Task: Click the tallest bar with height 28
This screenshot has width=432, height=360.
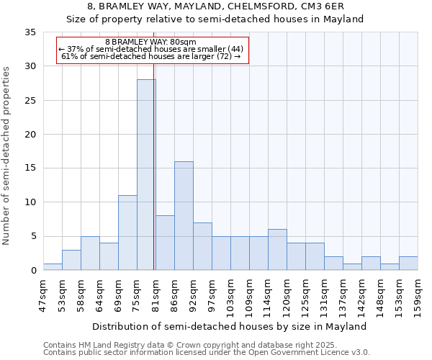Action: tap(146, 175)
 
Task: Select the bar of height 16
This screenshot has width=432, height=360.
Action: tap(184, 216)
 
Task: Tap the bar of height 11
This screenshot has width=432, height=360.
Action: tap(127, 233)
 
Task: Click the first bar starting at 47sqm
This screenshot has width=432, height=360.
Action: tap(53, 267)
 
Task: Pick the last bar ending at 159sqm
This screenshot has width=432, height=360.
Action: tap(408, 264)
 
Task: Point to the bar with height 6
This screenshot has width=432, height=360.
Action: tap(277, 250)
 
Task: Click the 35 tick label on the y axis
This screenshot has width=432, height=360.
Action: tap(30, 32)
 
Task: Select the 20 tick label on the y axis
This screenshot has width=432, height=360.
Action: tap(30, 135)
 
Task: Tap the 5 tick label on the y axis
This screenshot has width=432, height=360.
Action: tap(33, 237)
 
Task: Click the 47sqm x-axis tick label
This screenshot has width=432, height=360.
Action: tap(43, 291)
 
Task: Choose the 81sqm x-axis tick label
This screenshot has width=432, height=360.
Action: tap(156, 291)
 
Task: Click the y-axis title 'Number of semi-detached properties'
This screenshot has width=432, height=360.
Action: tap(7, 156)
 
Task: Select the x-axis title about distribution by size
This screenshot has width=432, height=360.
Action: tap(230, 326)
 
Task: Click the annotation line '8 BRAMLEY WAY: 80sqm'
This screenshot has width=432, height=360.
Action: tap(150, 42)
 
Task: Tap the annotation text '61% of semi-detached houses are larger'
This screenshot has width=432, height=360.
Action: tap(150, 56)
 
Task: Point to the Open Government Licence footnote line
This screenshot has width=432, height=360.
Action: tap(207, 353)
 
